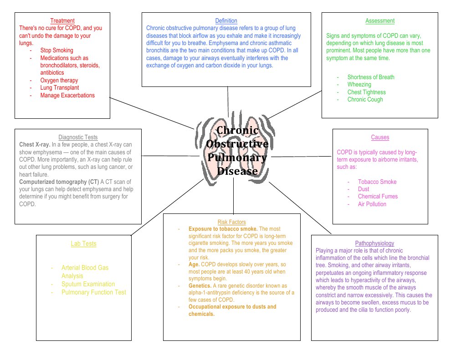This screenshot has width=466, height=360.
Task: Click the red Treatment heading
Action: pyautogui.click(x=62, y=20)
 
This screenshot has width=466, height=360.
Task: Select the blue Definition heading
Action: pyautogui.click(x=226, y=20)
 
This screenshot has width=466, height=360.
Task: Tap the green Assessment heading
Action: pyautogui.click(x=380, y=20)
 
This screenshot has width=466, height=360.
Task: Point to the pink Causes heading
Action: pyautogui.click(x=380, y=137)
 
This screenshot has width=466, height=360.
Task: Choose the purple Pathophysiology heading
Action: pyautogui.click(x=374, y=243)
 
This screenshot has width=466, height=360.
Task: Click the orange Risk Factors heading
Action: pyautogui.click(x=231, y=222)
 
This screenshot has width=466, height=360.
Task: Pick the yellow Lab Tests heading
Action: pyautogui.click(x=83, y=243)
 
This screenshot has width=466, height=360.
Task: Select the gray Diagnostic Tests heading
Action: pyautogui.click(x=78, y=137)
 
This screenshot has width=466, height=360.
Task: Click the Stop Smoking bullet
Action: pyautogui.click(x=56, y=50)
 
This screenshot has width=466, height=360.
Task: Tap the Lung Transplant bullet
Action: pyautogui.click(x=59, y=88)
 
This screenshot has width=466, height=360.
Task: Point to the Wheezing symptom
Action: pyautogui.click(x=359, y=85)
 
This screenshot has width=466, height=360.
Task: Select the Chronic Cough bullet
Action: pyautogui.click(x=365, y=99)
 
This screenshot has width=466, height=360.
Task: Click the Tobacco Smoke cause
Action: pyautogui.click(x=377, y=182)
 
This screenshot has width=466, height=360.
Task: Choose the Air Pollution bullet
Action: pyautogui.click(x=372, y=204)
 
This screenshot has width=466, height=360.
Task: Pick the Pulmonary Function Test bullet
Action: pyautogui.click(x=94, y=292)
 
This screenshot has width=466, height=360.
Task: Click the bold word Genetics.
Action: pyautogui.click(x=200, y=285)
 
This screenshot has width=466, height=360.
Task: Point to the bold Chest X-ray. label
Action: pyautogui.click(x=35, y=144)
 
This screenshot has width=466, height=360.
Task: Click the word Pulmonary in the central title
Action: pyautogui.click(x=237, y=157)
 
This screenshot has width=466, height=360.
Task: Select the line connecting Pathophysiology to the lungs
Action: pyautogui.click(x=292, y=208)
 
